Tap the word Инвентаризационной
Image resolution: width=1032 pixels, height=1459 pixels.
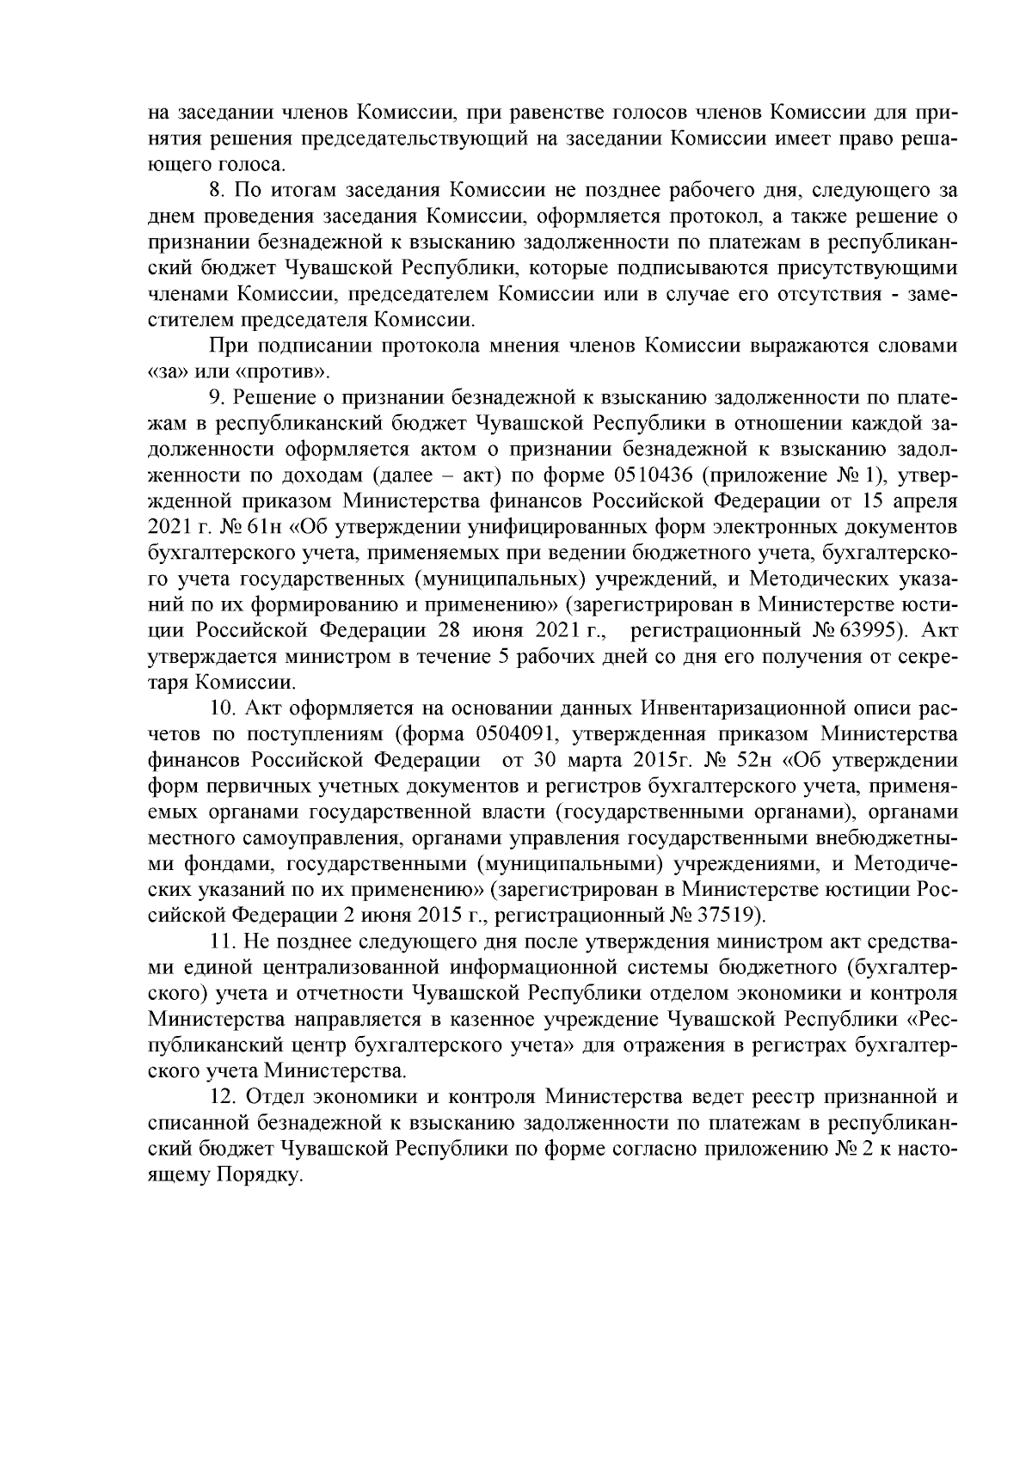(x=764, y=708)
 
